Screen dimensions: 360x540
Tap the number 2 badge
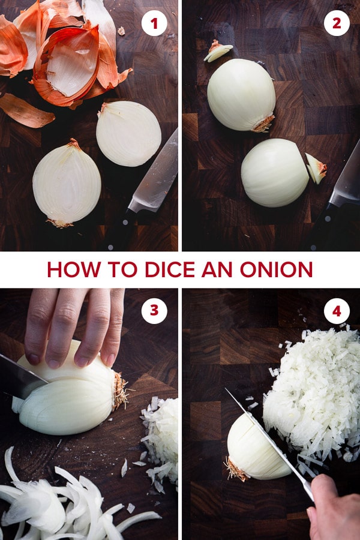(x=337, y=23)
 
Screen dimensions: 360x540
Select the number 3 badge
(x=154, y=311)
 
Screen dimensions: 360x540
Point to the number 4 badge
(x=337, y=311)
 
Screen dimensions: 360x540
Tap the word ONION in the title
(x=276, y=269)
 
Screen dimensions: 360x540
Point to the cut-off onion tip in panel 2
(x=316, y=168)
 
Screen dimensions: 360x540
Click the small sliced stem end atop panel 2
(x=218, y=50)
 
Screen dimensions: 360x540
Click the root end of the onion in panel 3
(x=121, y=390)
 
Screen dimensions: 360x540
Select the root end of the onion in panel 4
(x=235, y=469)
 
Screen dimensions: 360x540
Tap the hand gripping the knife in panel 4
(x=333, y=509)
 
